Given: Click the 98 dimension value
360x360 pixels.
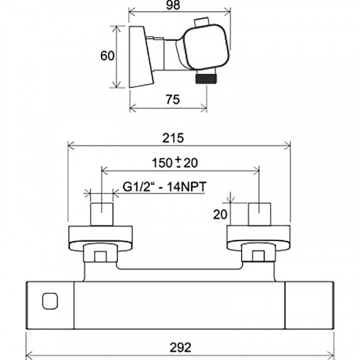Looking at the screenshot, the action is click(173, 5).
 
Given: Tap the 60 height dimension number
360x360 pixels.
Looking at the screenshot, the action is click(107, 56).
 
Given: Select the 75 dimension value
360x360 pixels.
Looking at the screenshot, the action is click(173, 99).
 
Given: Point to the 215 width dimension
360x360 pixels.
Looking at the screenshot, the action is click(173, 138).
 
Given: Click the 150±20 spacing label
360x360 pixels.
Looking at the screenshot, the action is click(175, 163).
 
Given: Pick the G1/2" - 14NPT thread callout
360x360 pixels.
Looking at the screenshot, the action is click(164, 186).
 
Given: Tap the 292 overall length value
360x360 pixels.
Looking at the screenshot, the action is click(181, 347).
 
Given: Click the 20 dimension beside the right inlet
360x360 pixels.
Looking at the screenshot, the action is click(220, 215).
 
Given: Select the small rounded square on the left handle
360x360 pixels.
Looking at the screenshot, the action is click(50, 302).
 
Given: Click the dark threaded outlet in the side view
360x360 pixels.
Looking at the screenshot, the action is click(207, 78).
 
